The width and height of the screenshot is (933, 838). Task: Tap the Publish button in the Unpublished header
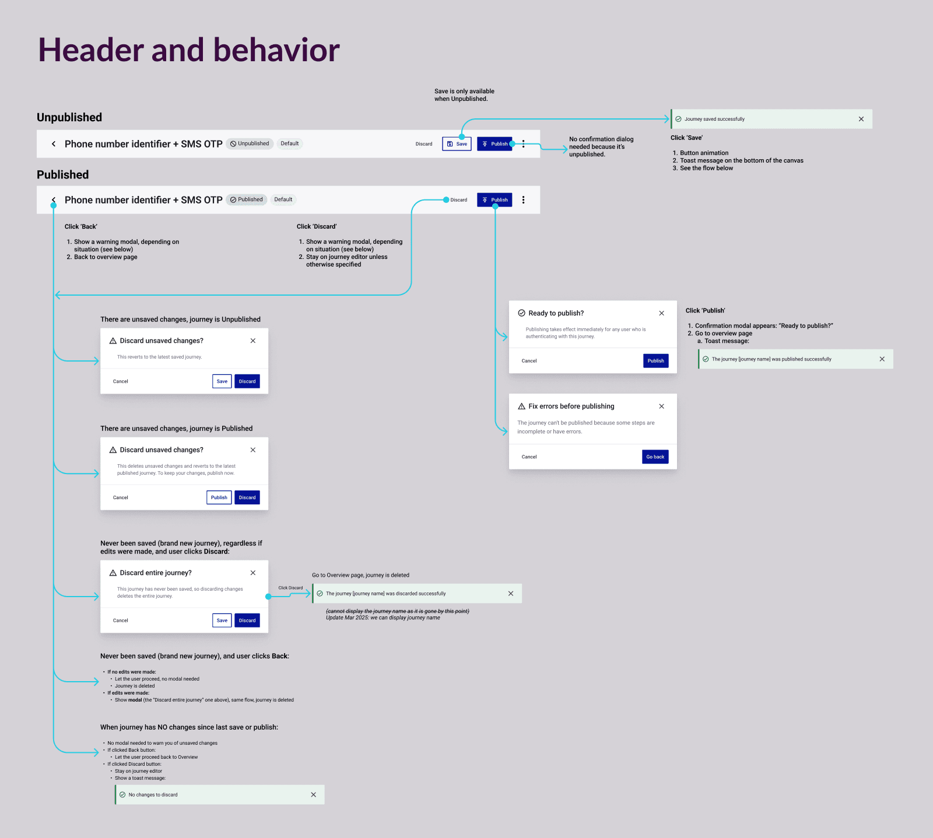pos(494,144)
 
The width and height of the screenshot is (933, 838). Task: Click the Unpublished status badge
pos(250,143)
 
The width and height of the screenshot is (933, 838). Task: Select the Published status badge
pos(247,199)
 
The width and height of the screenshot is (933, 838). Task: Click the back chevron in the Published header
pos(54,200)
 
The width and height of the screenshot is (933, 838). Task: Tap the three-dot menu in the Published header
pos(523,200)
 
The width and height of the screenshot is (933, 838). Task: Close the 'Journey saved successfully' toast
pos(861,119)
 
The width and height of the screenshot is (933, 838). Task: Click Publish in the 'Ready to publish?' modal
pos(655,361)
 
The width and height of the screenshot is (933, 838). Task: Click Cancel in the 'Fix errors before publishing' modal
pos(529,457)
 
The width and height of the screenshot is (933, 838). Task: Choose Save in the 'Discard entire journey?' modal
pos(222,620)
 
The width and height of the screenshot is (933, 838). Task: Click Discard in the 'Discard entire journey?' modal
pos(247,620)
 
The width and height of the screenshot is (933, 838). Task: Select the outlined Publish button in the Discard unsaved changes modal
pos(219,497)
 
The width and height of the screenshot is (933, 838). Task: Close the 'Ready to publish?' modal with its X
pos(662,313)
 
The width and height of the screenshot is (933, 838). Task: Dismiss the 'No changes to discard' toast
pos(313,795)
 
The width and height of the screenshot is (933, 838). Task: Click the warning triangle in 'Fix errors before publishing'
pos(522,406)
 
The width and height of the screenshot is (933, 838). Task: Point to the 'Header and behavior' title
pos(189,50)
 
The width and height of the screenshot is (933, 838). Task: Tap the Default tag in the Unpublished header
pos(290,143)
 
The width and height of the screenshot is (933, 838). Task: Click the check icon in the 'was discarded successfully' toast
pos(320,594)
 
